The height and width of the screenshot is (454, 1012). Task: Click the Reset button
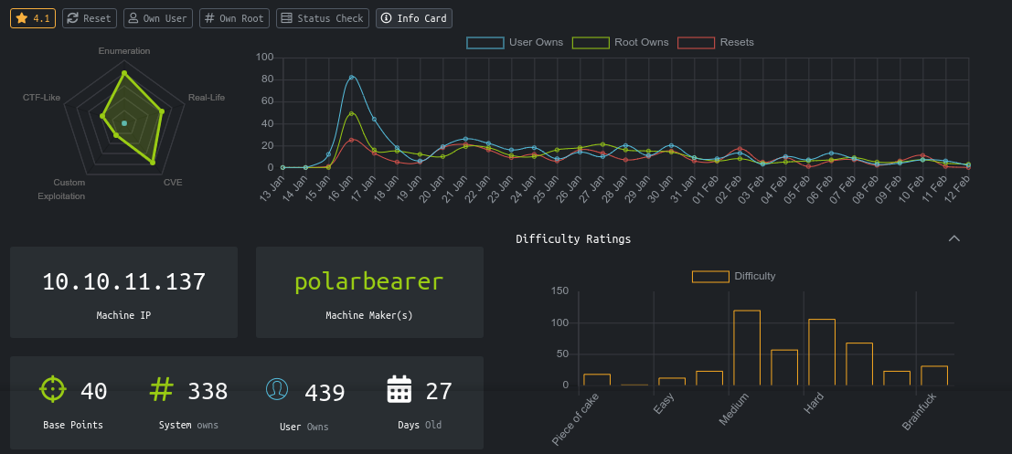click(x=90, y=18)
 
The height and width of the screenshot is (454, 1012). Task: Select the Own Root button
click(x=234, y=18)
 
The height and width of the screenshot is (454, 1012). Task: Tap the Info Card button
click(x=413, y=18)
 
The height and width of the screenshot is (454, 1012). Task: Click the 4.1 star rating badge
click(x=33, y=18)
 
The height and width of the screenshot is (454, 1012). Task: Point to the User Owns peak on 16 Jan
click(x=351, y=78)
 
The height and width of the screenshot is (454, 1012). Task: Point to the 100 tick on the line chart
click(x=265, y=57)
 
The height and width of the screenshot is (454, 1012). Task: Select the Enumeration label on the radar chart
click(x=123, y=51)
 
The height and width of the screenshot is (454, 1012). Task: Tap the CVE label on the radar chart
click(x=173, y=183)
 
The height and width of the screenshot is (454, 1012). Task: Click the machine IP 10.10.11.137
click(x=123, y=282)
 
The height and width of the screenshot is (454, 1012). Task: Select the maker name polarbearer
click(x=369, y=282)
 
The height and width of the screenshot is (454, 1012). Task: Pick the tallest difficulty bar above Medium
click(x=747, y=347)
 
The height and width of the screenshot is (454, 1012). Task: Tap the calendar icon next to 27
click(x=399, y=390)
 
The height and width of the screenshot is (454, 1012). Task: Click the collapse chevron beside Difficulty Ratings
click(x=954, y=238)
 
